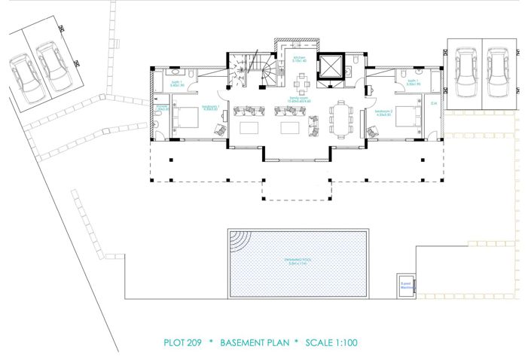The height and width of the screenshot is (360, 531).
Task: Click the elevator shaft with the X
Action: tap(329, 67)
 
